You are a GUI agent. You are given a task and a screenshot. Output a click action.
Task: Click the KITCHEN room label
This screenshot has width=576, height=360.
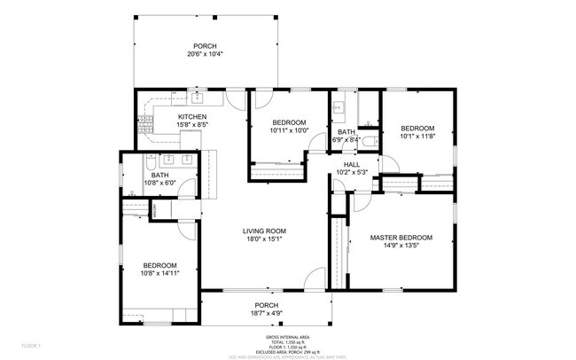pos(192,117)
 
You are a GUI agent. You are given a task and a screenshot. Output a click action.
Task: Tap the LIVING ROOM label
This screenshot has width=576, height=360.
pos(265,231)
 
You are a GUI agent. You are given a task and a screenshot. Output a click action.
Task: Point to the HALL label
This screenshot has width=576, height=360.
pos(352,164)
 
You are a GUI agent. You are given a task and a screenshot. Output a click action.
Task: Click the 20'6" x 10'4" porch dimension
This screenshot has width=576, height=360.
pos(205,54)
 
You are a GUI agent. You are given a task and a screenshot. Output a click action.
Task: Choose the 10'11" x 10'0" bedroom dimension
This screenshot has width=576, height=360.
pos(289,130)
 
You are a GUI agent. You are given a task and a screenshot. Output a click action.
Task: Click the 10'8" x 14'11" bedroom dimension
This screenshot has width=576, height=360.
pos(160,274)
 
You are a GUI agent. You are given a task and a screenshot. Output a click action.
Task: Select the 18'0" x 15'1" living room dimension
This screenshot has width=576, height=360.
pos(265,239)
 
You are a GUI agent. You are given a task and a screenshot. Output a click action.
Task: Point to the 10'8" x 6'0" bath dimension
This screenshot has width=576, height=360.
pos(160,184)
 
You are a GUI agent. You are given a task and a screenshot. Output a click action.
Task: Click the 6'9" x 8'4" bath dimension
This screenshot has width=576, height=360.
pos(346,139)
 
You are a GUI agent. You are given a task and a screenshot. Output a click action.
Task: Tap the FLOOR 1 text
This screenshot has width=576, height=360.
pos(31,344)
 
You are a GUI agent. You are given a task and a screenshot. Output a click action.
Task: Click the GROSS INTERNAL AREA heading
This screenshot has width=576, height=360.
pos(288,338)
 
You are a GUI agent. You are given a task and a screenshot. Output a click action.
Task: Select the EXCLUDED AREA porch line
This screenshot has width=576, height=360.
pos(288,351)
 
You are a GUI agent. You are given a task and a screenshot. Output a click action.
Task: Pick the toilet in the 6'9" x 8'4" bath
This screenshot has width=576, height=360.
pos(376,140)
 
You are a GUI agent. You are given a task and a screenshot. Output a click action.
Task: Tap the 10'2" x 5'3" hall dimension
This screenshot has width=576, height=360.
pos(352,172)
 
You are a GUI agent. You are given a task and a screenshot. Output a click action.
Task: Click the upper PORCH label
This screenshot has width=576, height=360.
pos(205,46)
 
